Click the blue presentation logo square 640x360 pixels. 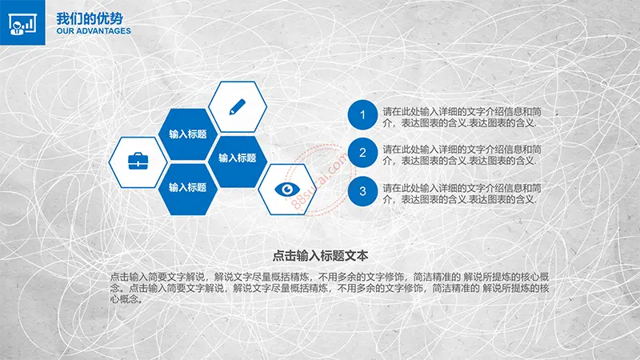point(22,22)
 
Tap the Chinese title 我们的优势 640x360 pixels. point(90,18)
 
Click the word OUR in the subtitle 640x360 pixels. point(65,31)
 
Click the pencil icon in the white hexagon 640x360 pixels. point(237,107)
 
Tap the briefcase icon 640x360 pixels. point(138,162)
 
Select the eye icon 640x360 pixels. point(287,189)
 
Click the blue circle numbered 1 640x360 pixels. point(362,114)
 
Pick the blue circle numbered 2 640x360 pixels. point(362,153)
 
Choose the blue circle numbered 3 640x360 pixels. point(362,191)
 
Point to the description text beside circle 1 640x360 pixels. point(462,118)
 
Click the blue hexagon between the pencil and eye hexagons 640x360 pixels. point(237,162)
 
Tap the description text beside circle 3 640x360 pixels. point(462,194)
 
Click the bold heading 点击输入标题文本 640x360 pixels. point(321,256)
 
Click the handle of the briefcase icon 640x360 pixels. point(138,154)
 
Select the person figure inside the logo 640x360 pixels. point(17,29)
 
